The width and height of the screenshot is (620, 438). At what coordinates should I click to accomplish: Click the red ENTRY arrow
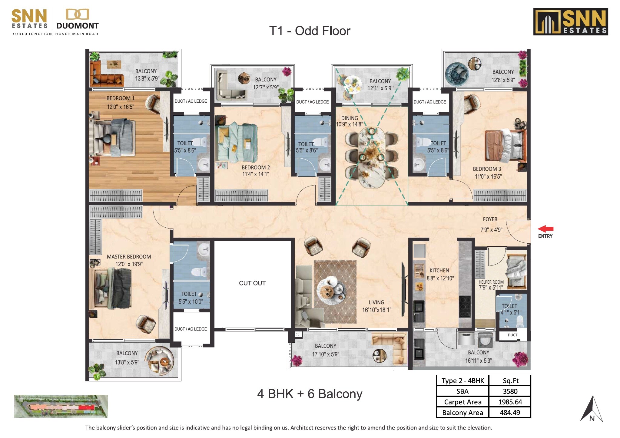[x=545, y=229]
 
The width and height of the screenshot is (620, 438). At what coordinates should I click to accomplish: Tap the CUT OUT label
[x=252, y=283]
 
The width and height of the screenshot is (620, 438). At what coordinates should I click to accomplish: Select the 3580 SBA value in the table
[x=510, y=391]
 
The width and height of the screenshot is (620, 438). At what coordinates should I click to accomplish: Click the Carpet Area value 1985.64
[x=510, y=402]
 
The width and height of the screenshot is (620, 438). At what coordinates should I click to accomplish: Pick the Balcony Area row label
[x=462, y=413]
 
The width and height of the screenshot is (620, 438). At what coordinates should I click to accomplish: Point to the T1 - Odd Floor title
[x=310, y=31]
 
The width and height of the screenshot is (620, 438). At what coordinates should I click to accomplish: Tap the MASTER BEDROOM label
[x=129, y=257]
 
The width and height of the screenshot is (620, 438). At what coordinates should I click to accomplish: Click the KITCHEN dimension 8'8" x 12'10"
[x=440, y=278]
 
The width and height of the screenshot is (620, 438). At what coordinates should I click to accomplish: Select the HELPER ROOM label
[x=491, y=282]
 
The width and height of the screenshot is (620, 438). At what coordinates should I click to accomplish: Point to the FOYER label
[x=490, y=219]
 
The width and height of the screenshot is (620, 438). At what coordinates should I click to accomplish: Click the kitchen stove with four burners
[x=465, y=306]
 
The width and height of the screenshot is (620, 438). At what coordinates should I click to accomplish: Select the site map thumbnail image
[x=61, y=406]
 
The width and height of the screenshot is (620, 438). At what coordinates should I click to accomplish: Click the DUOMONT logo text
[x=78, y=26]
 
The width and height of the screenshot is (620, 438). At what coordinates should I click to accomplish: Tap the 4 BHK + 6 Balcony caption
[x=310, y=394]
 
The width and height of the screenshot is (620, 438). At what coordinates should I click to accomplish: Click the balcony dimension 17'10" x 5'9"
[x=325, y=354]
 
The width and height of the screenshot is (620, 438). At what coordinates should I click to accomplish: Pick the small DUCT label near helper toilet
[x=512, y=335]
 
